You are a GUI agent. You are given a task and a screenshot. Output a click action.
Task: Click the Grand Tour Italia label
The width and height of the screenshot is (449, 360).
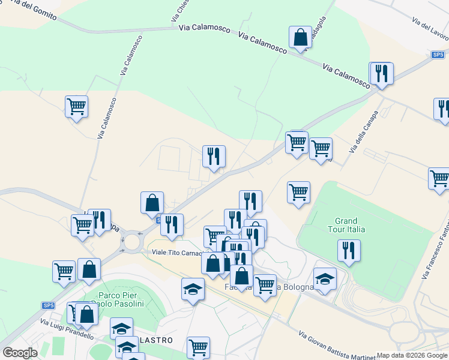pyautogui.click(x=346, y=225)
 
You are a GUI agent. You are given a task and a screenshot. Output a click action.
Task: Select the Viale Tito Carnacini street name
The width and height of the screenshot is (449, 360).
pyautogui.click(x=178, y=252)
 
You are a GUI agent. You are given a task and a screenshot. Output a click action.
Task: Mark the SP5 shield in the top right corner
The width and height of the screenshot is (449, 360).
pyautogui.click(x=438, y=55)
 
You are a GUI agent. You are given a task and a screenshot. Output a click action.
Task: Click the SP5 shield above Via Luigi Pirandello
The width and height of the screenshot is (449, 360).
pyautogui.click(x=49, y=305)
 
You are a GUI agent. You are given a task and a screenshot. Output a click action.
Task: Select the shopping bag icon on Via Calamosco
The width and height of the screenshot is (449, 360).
pyautogui.click(x=300, y=37)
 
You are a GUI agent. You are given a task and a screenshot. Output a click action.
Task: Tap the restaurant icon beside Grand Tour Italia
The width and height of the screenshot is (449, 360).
pyautogui.click(x=349, y=250)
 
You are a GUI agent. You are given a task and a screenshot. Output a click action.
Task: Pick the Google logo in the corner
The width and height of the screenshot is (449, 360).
pyautogui.click(x=20, y=353)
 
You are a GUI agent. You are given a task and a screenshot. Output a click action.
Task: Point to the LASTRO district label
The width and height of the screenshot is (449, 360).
pyautogui.click(x=157, y=340)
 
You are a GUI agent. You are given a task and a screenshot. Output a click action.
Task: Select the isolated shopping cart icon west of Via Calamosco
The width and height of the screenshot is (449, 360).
pyautogui.click(x=76, y=107)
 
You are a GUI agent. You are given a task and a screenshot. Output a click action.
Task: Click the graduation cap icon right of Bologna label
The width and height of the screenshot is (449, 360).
pyautogui.click(x=325, y=278)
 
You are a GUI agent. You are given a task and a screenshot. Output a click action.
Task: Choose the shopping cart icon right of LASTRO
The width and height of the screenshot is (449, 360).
pyautogui.click(x=198, y=347)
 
